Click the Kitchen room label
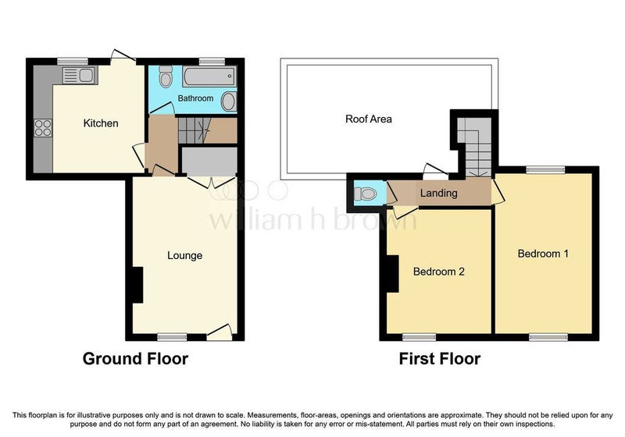pos(101,123)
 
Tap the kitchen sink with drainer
pos(80,75)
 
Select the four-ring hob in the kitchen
pos(43,128)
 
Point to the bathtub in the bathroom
pos(209,76)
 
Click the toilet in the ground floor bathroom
pos(165,76)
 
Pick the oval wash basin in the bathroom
pos(228,101)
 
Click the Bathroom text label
pos(195,98)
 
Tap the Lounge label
pos(184,255)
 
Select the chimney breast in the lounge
pos(137,285)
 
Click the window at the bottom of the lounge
pos(172,337)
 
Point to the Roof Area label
pos(368,119)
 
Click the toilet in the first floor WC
pos(365,194)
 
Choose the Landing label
pos(438,193)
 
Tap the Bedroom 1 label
pos(543,254)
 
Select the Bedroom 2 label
pos(439,272)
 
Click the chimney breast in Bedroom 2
pos(392,274)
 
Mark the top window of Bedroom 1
pos(545,170)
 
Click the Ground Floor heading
pos(135,359)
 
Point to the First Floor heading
pos(440,359)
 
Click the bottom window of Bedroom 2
pos(419,337)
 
